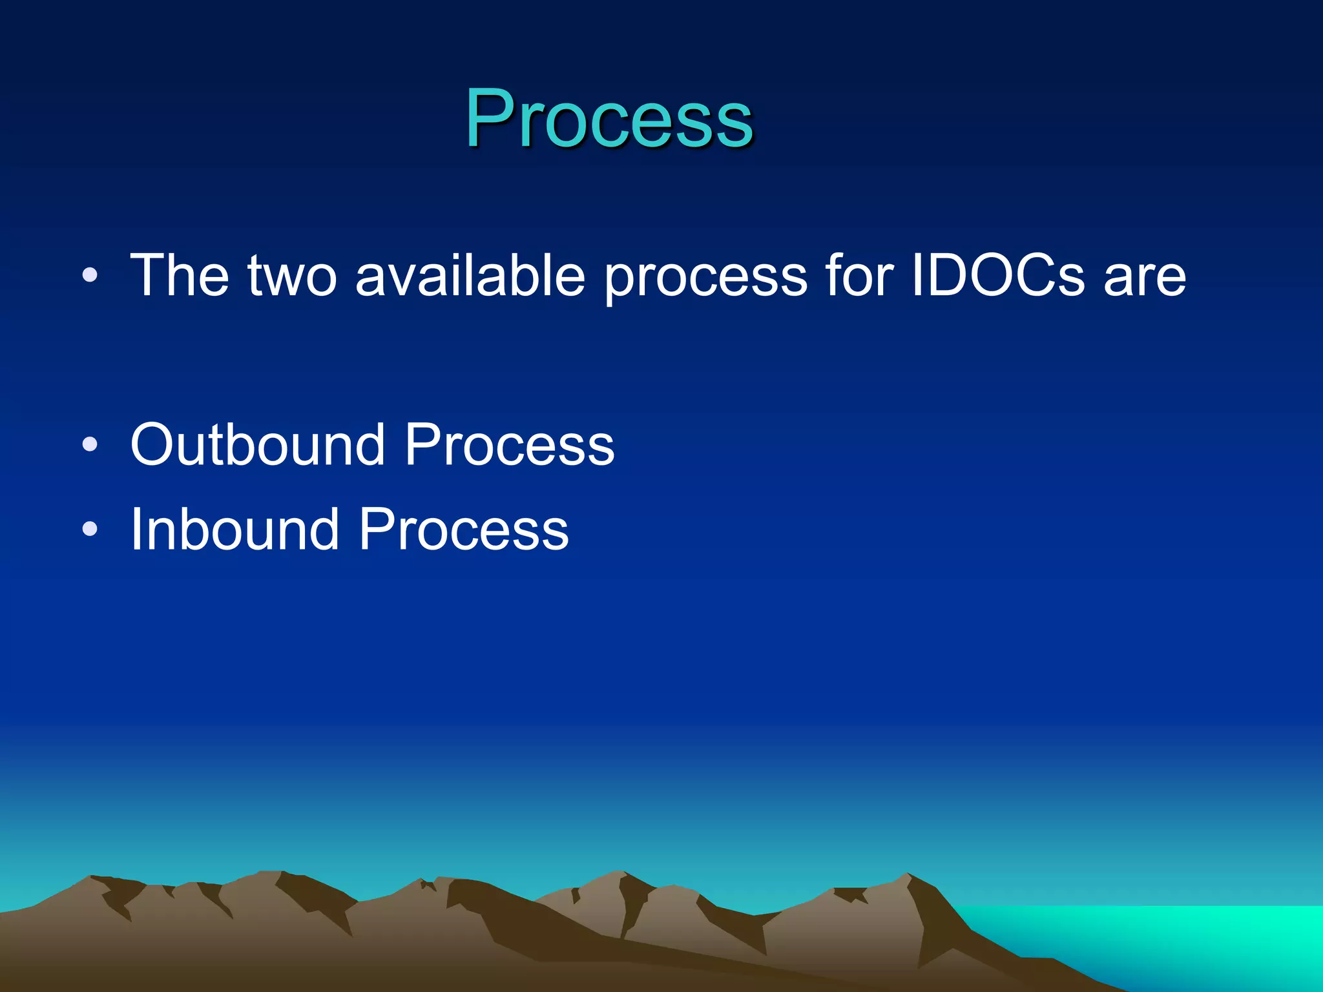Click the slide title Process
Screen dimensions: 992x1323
(609, 119)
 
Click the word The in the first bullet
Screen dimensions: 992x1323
(180, 276)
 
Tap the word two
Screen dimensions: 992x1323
(292, 277)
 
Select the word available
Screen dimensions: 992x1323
(470, 276)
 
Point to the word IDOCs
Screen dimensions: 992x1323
(997, 276)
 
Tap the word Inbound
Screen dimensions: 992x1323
(234, 530)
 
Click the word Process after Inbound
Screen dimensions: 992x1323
(463, 530)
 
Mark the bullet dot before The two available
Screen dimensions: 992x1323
(90, 276)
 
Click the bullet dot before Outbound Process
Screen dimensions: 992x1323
(90, 444)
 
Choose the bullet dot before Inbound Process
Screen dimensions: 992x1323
(90, 530)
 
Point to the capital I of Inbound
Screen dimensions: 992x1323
(136, 530)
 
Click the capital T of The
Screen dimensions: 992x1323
(149, 276)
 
